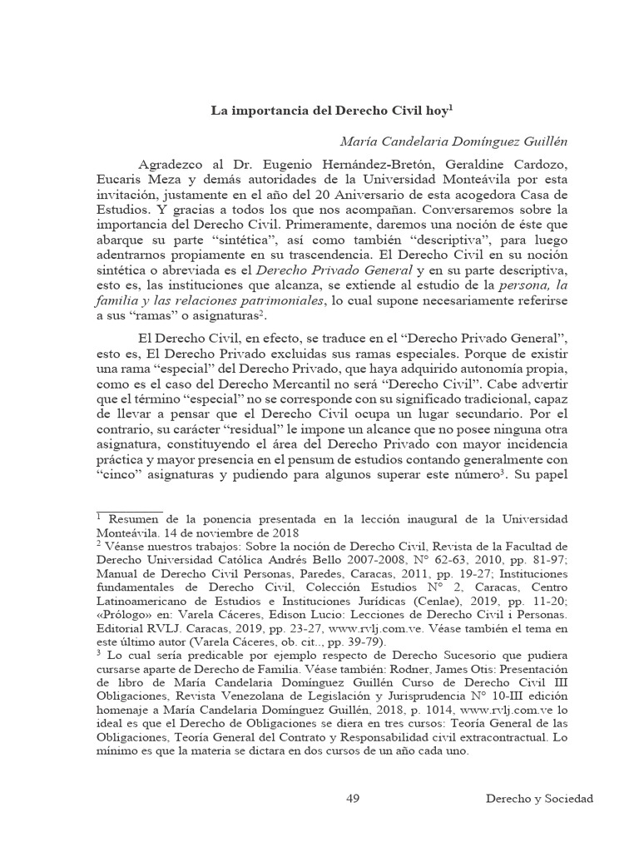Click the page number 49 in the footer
353,799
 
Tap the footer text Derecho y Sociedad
539,799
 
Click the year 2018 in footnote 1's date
282,533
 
